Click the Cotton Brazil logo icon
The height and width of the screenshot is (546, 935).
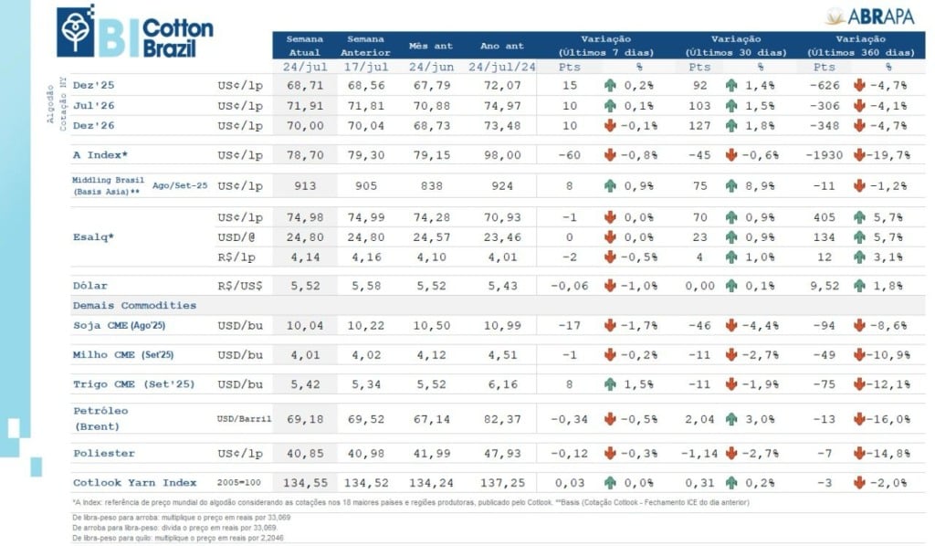point(76,30)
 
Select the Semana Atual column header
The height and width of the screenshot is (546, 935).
point(304,46)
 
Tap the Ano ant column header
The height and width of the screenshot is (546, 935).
point(501,46)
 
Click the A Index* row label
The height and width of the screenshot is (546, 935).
point(100,155)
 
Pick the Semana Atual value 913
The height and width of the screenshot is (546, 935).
point(304,186)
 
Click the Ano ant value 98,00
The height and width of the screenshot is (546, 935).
point(501,155)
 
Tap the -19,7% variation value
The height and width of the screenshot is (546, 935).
point(889,155)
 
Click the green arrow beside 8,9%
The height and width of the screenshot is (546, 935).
point(731,186)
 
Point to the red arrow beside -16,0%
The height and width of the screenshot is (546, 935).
point(859,419)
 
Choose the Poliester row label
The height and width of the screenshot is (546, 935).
point(103,453)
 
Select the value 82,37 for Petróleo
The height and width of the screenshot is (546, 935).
point(501,419)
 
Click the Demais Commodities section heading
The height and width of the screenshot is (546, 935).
point(134,305)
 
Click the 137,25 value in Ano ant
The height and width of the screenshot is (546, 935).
point(501,482)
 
